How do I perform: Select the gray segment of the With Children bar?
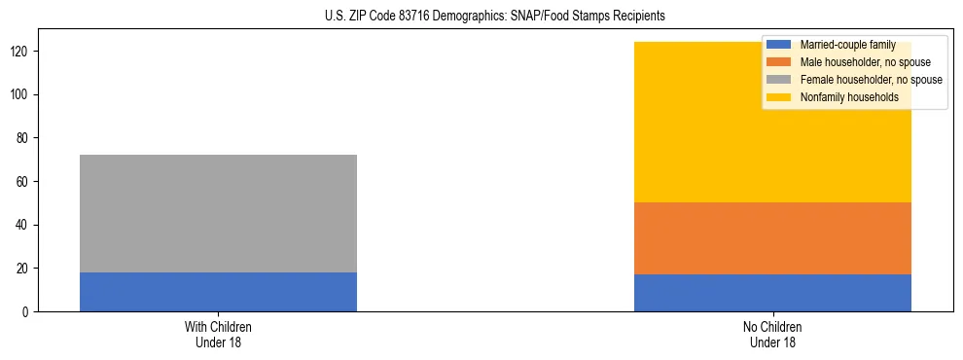point(218,213)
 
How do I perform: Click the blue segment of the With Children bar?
point(218,292)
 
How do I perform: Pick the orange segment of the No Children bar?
point(772,238)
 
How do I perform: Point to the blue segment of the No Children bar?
point(772,293)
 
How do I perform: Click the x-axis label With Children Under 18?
point(218,335)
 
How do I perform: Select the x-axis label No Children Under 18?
point(772,335)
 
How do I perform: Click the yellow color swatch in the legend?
point(779,97)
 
